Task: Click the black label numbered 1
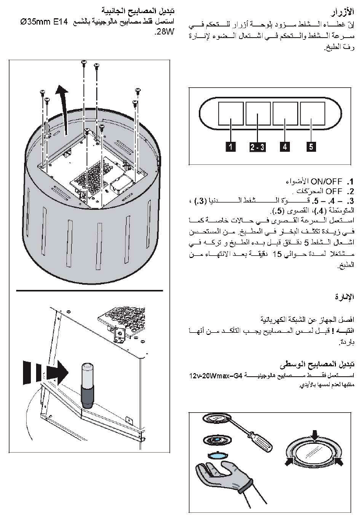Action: (231, 147)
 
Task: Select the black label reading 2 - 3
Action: (257, 147)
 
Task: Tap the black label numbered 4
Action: (285, 147)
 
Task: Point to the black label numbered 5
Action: (311, 147)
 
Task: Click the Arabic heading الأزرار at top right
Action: (343, 12)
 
